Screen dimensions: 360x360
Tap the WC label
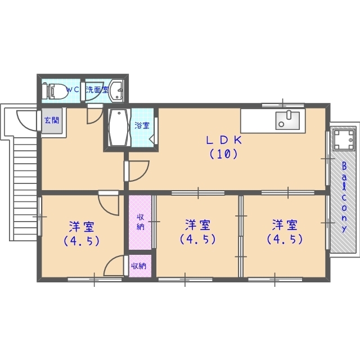(x=73, y=90)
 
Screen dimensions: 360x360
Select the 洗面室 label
(x=97, y=90)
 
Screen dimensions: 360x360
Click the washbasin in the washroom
(x=116, y=91)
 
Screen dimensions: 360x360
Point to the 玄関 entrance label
(x=52, y=120)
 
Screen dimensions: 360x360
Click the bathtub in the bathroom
(x=119, y=127)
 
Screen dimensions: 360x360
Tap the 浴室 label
(x=142, y=125)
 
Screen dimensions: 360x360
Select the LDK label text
(x=224, y=140)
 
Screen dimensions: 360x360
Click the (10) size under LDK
(x=223, y=154)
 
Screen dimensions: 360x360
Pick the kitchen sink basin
(x=287, y=120)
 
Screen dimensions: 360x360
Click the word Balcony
(x=344, y=197)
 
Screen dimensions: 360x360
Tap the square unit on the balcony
(x=344, y=139)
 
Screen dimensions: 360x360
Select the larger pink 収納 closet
(x=140, y=222)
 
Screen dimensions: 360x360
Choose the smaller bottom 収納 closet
(x=140, y=266)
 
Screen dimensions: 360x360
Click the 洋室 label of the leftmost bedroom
(x=82, y=227)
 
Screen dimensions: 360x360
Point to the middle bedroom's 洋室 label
(x=197, y=225)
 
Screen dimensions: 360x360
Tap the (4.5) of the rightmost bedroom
(x=285, y=239)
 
